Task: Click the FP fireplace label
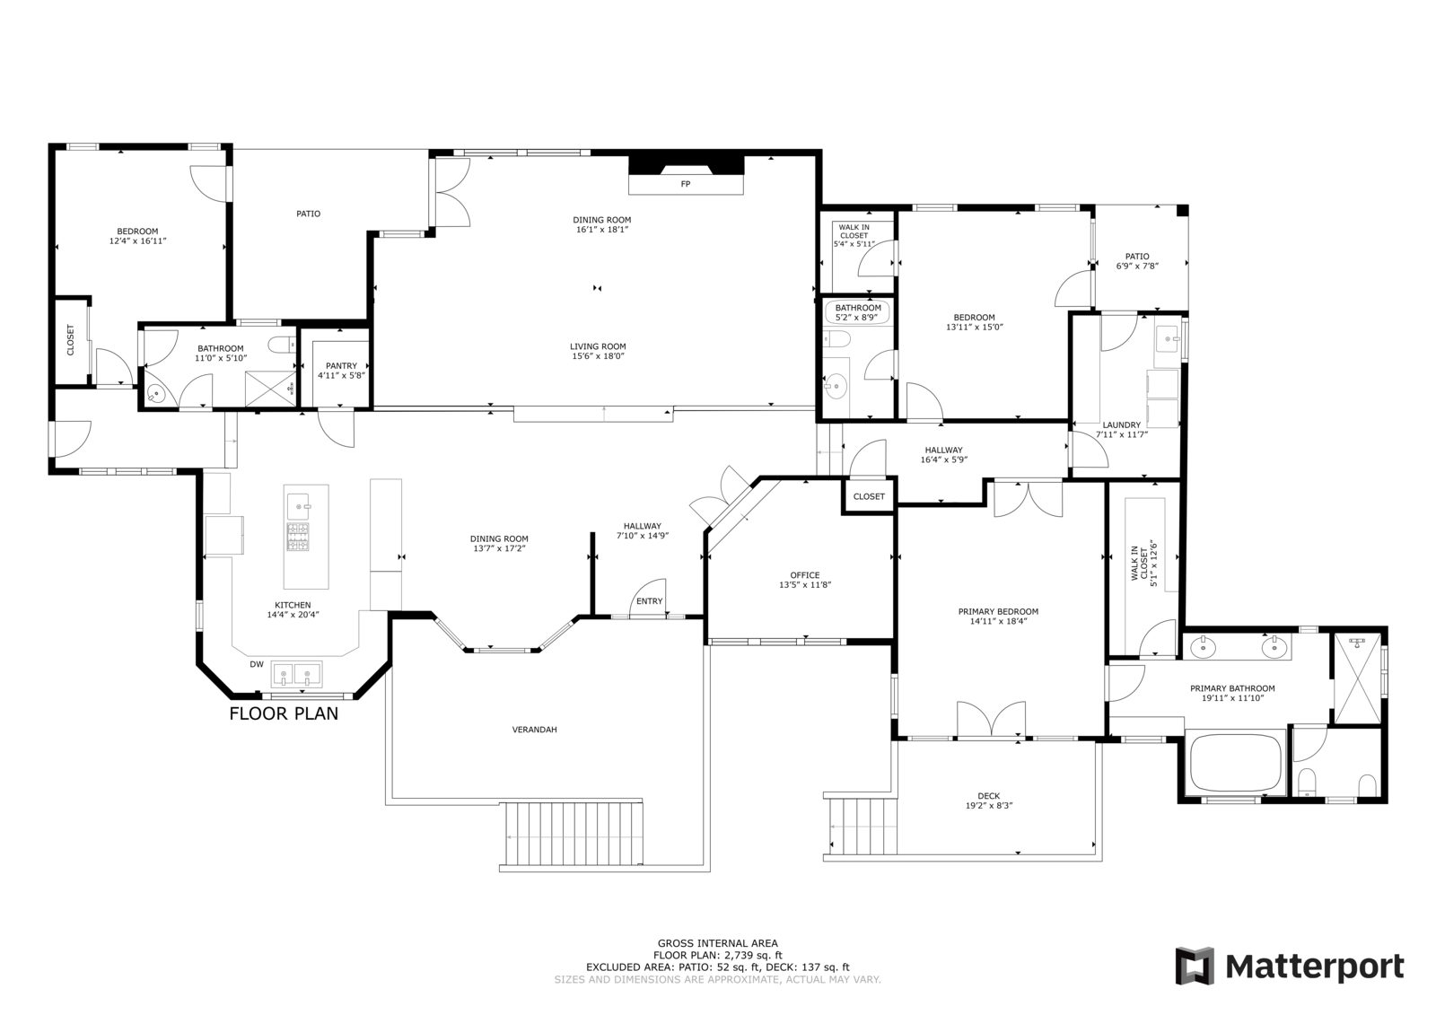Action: [x=686, y=184]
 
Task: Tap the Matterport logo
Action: [x=1289, y=965]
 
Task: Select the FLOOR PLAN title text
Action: [x=284, y=713]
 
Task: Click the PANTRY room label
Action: [x=341, y=365]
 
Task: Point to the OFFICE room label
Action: [x=804, y=575]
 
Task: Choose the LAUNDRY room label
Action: [x=1122, y=424]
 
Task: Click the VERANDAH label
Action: [x=535, y=729]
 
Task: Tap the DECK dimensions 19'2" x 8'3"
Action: [x=989, y=806]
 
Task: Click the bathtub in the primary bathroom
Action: [x=1235, y=763]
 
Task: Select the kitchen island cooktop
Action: [x=297, y=537]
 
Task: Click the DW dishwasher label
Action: [x=257, y=664]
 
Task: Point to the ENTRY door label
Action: [x=650, y=600]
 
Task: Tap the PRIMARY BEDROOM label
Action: [x=998, y=612]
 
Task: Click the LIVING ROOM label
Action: [x=598, y=346]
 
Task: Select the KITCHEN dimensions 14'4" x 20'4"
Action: [x=293, y=614]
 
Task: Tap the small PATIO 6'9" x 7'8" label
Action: [x=1137, y=261]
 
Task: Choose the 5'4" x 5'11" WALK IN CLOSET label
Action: [x=854, y=235]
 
